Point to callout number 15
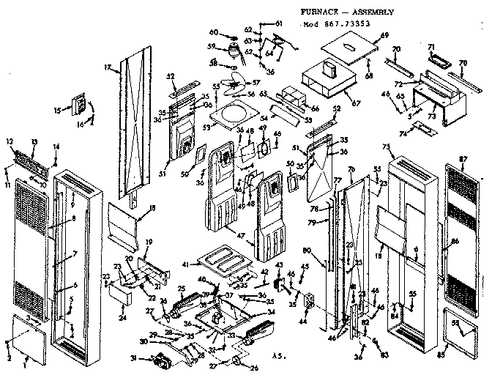tap(58, 110)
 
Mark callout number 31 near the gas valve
tap(133, 358)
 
